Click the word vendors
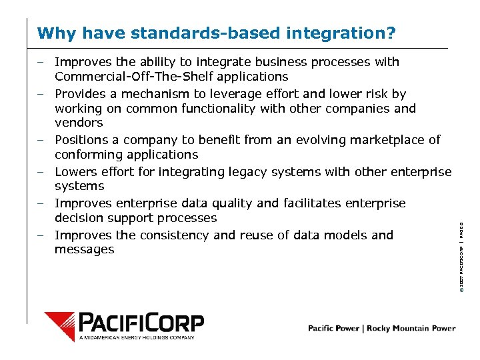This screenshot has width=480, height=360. [79, 123]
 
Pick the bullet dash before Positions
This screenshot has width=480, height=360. [41, 140]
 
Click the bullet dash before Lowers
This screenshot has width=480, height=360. [41, 172]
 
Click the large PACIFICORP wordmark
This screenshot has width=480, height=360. [141, 323]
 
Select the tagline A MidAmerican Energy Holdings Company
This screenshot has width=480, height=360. [137, 338]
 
